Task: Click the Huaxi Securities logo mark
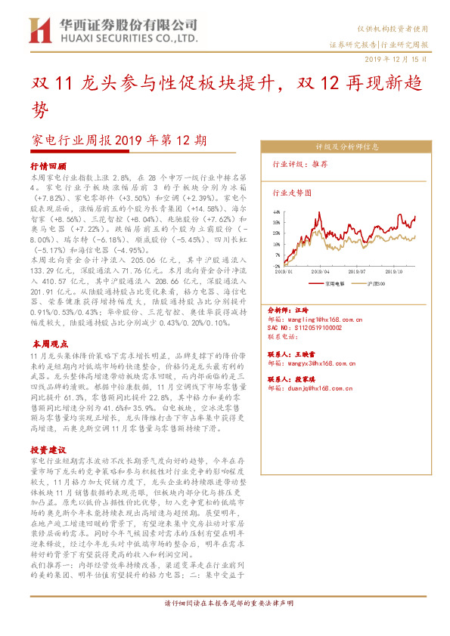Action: [x=39, y=30]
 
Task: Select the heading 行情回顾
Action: [x=48, y=165]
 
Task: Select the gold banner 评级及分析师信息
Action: [x=347, y=147]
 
